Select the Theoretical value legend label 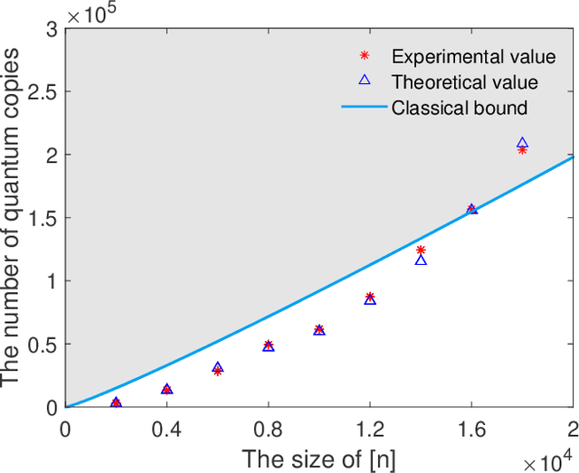(465, 82)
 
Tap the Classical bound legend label (460, 109)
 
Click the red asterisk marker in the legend (365, 57)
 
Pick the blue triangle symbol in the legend (365, 81)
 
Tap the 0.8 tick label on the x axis (268, 424)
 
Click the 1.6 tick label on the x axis (470, 424)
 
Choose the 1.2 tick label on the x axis (369, 424)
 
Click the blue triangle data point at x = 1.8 (522, 143)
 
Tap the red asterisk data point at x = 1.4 (421, 250)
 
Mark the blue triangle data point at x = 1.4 (421, 260)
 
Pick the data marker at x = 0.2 (116, 402)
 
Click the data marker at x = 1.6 (471, 209)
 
